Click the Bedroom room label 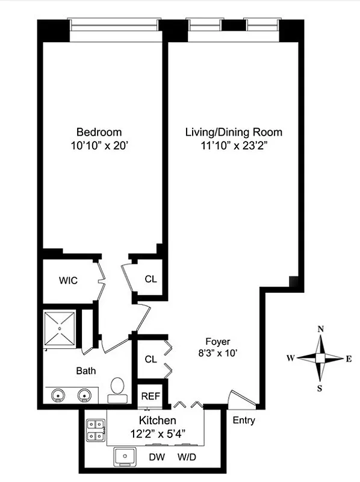click(x=99, y=132)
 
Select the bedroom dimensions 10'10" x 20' click(x=99, y=145)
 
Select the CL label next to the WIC click(x=151, y=279)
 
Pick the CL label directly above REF click(x=151, y=359)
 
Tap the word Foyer click(x=217, y=341)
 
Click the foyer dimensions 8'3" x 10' click(x=217, y=354)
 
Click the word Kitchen click(x=157, y=420)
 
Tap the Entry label click(x=243, y=420)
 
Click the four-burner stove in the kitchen click(x=95, y=430)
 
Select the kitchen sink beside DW click(x=126, y=458)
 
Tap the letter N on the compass click(x=321, y=329)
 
